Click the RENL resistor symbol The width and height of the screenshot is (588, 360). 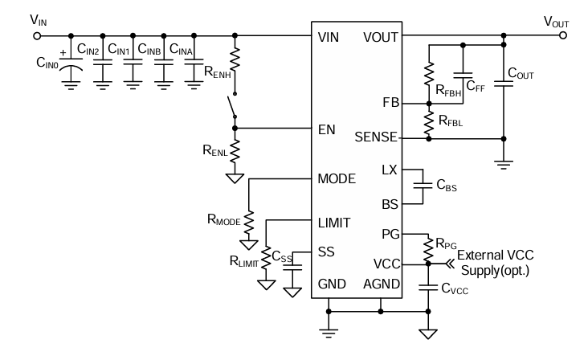coord(235,149)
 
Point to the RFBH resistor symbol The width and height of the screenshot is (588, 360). coord(428,78)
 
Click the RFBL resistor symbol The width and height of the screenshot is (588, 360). coord(428,121)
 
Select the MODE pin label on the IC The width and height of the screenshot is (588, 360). coord(337,178)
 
